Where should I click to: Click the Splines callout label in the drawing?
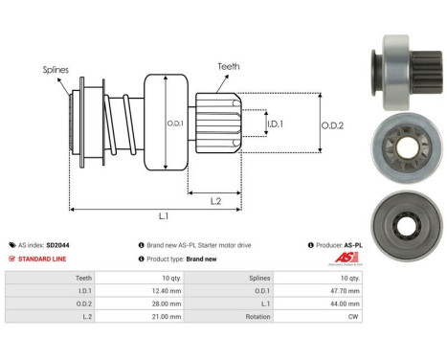(x=56, y=69)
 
